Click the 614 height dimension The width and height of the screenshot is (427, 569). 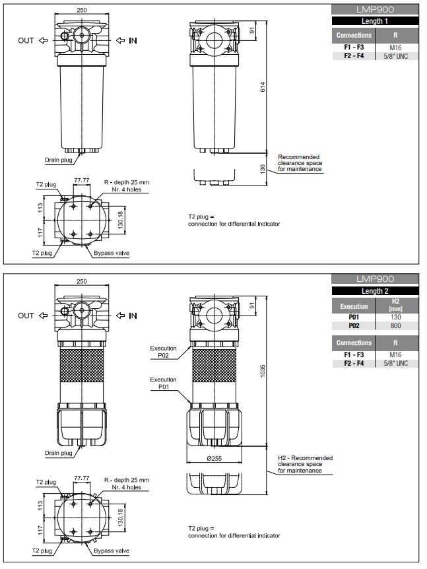tap(263, 86)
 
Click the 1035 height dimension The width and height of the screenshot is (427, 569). tap(263, 371)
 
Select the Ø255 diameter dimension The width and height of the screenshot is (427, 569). tap(214, 458)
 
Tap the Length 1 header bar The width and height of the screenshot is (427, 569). tap(375, 21)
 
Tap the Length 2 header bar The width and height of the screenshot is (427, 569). tap(375, 290)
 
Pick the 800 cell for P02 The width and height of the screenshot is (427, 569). tap(395, 325)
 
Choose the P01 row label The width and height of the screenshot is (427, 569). tap(354, 317)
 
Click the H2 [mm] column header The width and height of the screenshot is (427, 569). tap(395, 305)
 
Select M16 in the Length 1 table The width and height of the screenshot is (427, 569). tap(395, 48)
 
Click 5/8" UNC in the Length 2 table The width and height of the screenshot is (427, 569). tap(395, 363)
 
